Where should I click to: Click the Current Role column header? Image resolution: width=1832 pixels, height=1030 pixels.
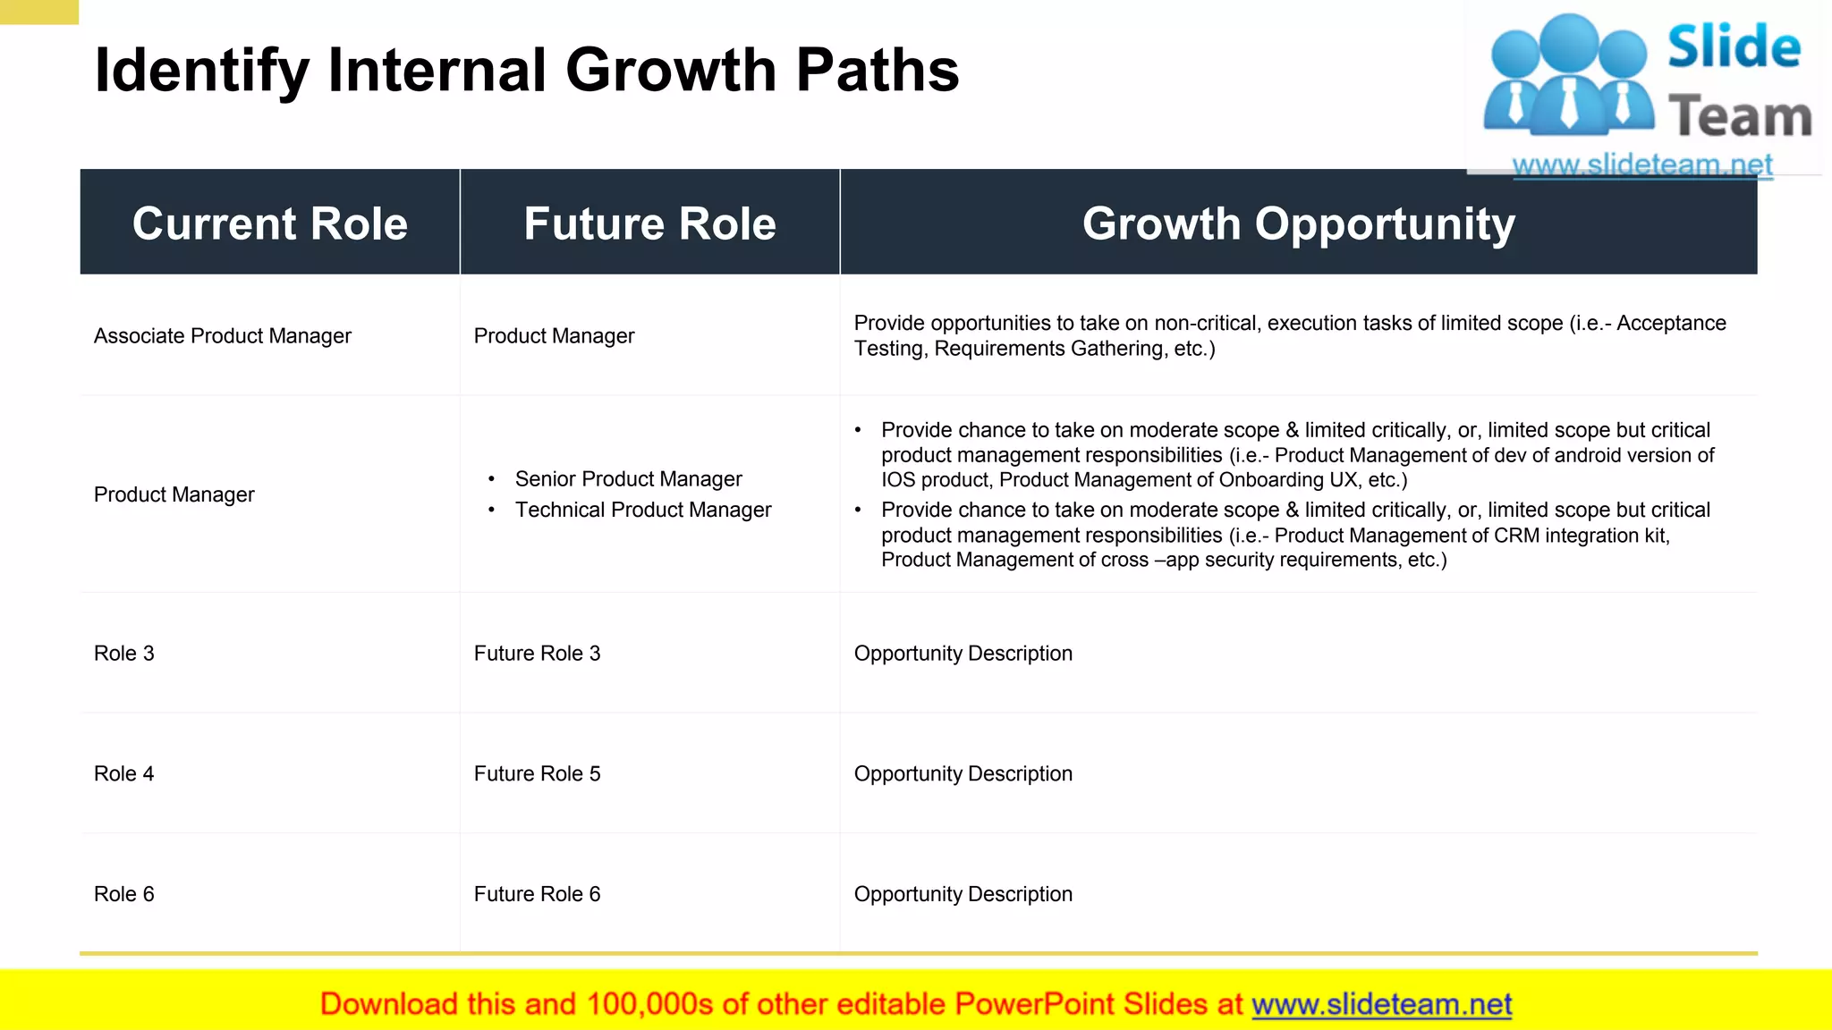269,223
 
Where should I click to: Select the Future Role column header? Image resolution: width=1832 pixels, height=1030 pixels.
649,223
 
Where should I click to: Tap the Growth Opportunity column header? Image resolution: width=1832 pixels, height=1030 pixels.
1298,223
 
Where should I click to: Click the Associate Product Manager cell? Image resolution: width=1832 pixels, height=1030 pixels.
222,336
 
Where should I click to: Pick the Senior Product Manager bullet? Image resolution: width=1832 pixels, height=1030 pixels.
628,479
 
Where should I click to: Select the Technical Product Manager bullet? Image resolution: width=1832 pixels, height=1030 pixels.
642,510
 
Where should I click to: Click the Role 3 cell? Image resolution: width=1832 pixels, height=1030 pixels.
124,654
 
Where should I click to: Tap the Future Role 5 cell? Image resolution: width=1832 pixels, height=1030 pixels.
537,774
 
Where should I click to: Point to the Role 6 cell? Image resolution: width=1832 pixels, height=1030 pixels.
124,894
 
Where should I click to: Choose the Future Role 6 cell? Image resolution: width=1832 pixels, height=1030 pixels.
537,894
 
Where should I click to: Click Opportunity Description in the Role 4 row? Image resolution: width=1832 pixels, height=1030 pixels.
963,774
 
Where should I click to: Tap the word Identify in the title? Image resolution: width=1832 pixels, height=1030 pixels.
201,71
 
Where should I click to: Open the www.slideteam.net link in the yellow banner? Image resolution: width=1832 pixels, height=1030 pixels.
1381,1004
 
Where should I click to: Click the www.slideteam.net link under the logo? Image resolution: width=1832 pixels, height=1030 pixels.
1641,165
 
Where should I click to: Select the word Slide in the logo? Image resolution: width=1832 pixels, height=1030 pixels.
1734,46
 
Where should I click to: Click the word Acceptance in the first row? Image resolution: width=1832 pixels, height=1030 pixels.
1671,324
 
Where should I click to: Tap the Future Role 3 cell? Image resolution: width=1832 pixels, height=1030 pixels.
537,654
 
